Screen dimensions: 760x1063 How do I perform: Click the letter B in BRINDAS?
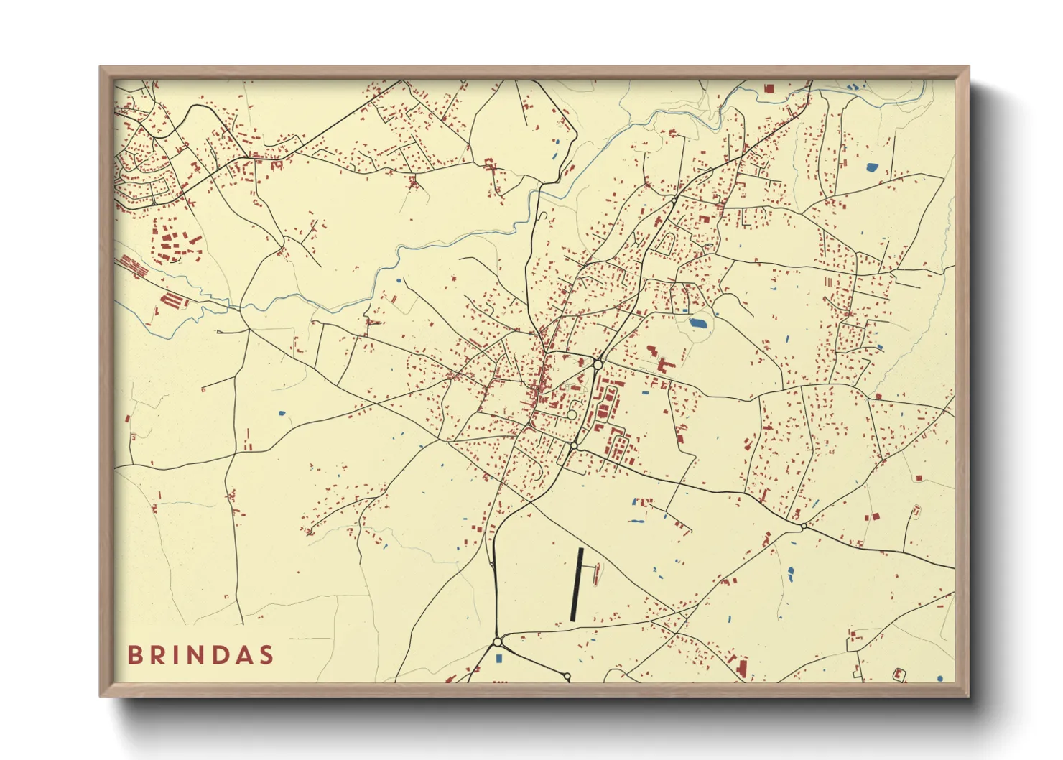(x=134, y=655)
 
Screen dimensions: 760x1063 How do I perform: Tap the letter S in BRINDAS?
(x=267, y=655)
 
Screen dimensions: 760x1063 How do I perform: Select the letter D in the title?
(x=217, y=655)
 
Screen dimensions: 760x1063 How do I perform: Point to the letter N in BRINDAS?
(x=190, y=655)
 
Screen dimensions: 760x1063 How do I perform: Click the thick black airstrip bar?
(x=576, y=584)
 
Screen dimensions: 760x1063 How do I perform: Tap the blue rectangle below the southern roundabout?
(x=498, y=658)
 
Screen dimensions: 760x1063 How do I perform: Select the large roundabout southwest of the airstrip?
(x=497, y=641)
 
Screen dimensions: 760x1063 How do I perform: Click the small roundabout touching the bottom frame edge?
(x=567, y=677)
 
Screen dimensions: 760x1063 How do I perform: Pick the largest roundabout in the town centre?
(x=598, y=365)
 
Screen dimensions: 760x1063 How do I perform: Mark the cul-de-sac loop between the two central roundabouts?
(x=572, y=414)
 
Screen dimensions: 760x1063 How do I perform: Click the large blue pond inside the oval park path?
(x=697, y=323)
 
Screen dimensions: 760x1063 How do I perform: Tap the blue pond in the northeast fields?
(x=872, y=167)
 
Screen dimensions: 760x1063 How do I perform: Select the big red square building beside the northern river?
(x=769, y=89)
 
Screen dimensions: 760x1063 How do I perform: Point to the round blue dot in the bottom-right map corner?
(x=939, y=677)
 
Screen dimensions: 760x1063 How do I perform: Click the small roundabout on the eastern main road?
(x=803, y=527)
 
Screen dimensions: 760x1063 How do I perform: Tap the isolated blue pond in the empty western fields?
(x=281, y=413)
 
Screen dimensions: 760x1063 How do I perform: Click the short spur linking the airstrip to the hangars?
(x=588, y=566)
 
